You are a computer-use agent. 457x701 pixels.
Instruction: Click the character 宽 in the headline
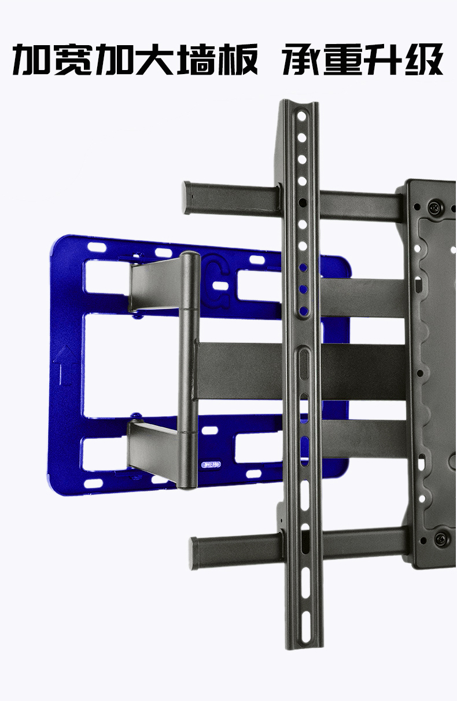pos(73,59)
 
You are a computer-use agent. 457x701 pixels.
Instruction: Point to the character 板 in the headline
pos(238,59)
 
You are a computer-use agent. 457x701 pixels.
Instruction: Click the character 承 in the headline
pos(303,59)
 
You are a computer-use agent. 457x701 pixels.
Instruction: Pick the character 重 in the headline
pos(343,59)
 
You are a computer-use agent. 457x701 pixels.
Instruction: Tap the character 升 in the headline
pos(384,59)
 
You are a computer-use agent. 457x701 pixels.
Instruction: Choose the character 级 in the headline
pos(424,59)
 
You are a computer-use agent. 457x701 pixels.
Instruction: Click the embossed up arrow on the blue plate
pos(65,365)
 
